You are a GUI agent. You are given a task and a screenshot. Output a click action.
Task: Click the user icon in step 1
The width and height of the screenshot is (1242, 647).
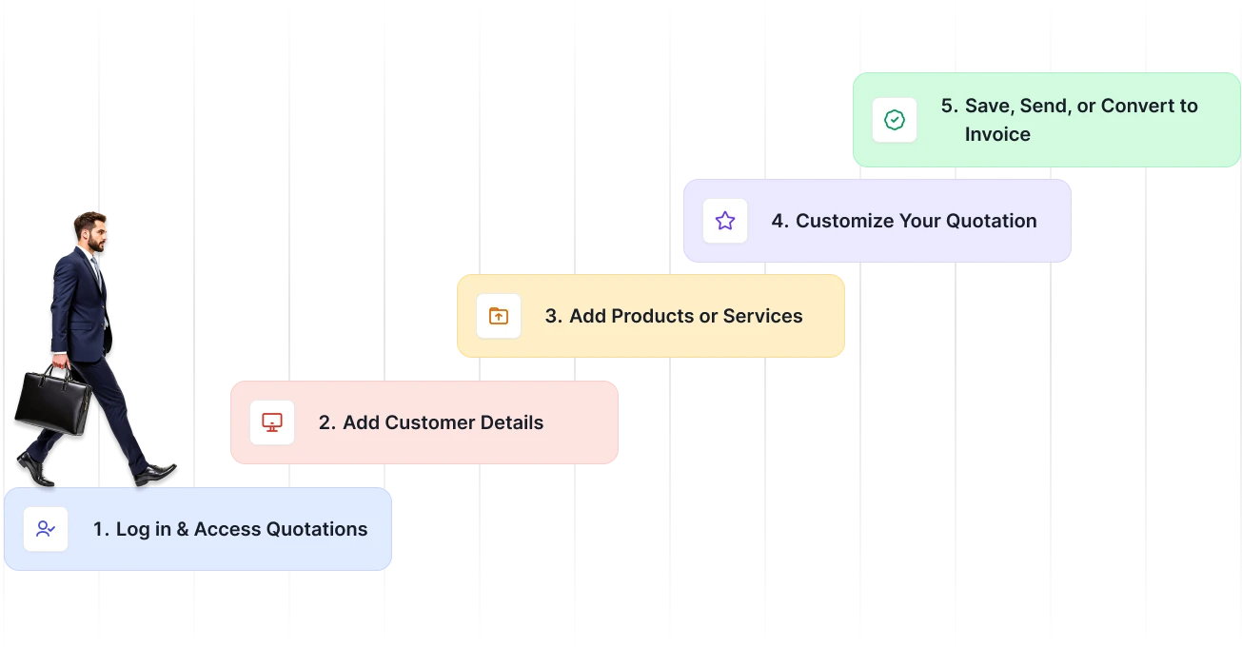pyautogui.click(x=46, y=529)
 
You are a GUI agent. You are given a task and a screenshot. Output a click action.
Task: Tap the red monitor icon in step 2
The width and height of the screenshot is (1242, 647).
pyautogui.click(x=271, y=422)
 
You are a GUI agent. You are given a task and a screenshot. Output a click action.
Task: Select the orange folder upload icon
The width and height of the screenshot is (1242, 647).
pyautogui.click(x=499, y=316)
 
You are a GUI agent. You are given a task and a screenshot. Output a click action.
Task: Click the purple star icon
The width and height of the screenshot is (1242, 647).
pyautogui.click(x=724, y=221)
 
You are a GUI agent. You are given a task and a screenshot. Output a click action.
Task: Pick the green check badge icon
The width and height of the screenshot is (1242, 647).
pyautogui.click(x=895, y=120)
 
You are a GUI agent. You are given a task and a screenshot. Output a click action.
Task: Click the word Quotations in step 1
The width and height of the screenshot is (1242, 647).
pyautogui.click(x=317, y=529)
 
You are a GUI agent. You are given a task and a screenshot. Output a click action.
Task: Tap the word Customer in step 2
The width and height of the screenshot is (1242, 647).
pyautogui.click(x=430, y=422)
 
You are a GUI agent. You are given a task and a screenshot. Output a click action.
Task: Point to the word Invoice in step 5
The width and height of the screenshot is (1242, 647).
pyautogui.click(x=997, y=134)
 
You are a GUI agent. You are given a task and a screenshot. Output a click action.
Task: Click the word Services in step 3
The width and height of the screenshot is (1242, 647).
pyautogui.click(x=762, y=316)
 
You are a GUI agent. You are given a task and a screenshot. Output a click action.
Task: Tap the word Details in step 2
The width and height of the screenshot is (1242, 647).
pyautogui.click(x=512, y=422)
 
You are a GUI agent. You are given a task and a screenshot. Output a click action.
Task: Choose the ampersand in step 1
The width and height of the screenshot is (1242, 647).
pyautogui.click(x=183, y=529)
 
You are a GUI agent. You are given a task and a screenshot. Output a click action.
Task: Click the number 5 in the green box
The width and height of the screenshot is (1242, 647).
pyautogui.click(x=949, y=106)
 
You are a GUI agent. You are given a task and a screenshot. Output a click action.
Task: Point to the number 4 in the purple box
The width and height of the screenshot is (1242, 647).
pyautogui.click(x=779, y=221)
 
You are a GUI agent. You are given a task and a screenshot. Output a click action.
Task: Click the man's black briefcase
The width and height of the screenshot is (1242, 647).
pyautogui.click(x=52, y=401)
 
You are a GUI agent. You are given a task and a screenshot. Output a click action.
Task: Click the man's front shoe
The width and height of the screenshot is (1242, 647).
pyautogui.click(x=155, y=474)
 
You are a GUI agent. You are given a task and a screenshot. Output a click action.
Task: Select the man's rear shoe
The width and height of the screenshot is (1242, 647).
pyautogui.click(x=35, y=469)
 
